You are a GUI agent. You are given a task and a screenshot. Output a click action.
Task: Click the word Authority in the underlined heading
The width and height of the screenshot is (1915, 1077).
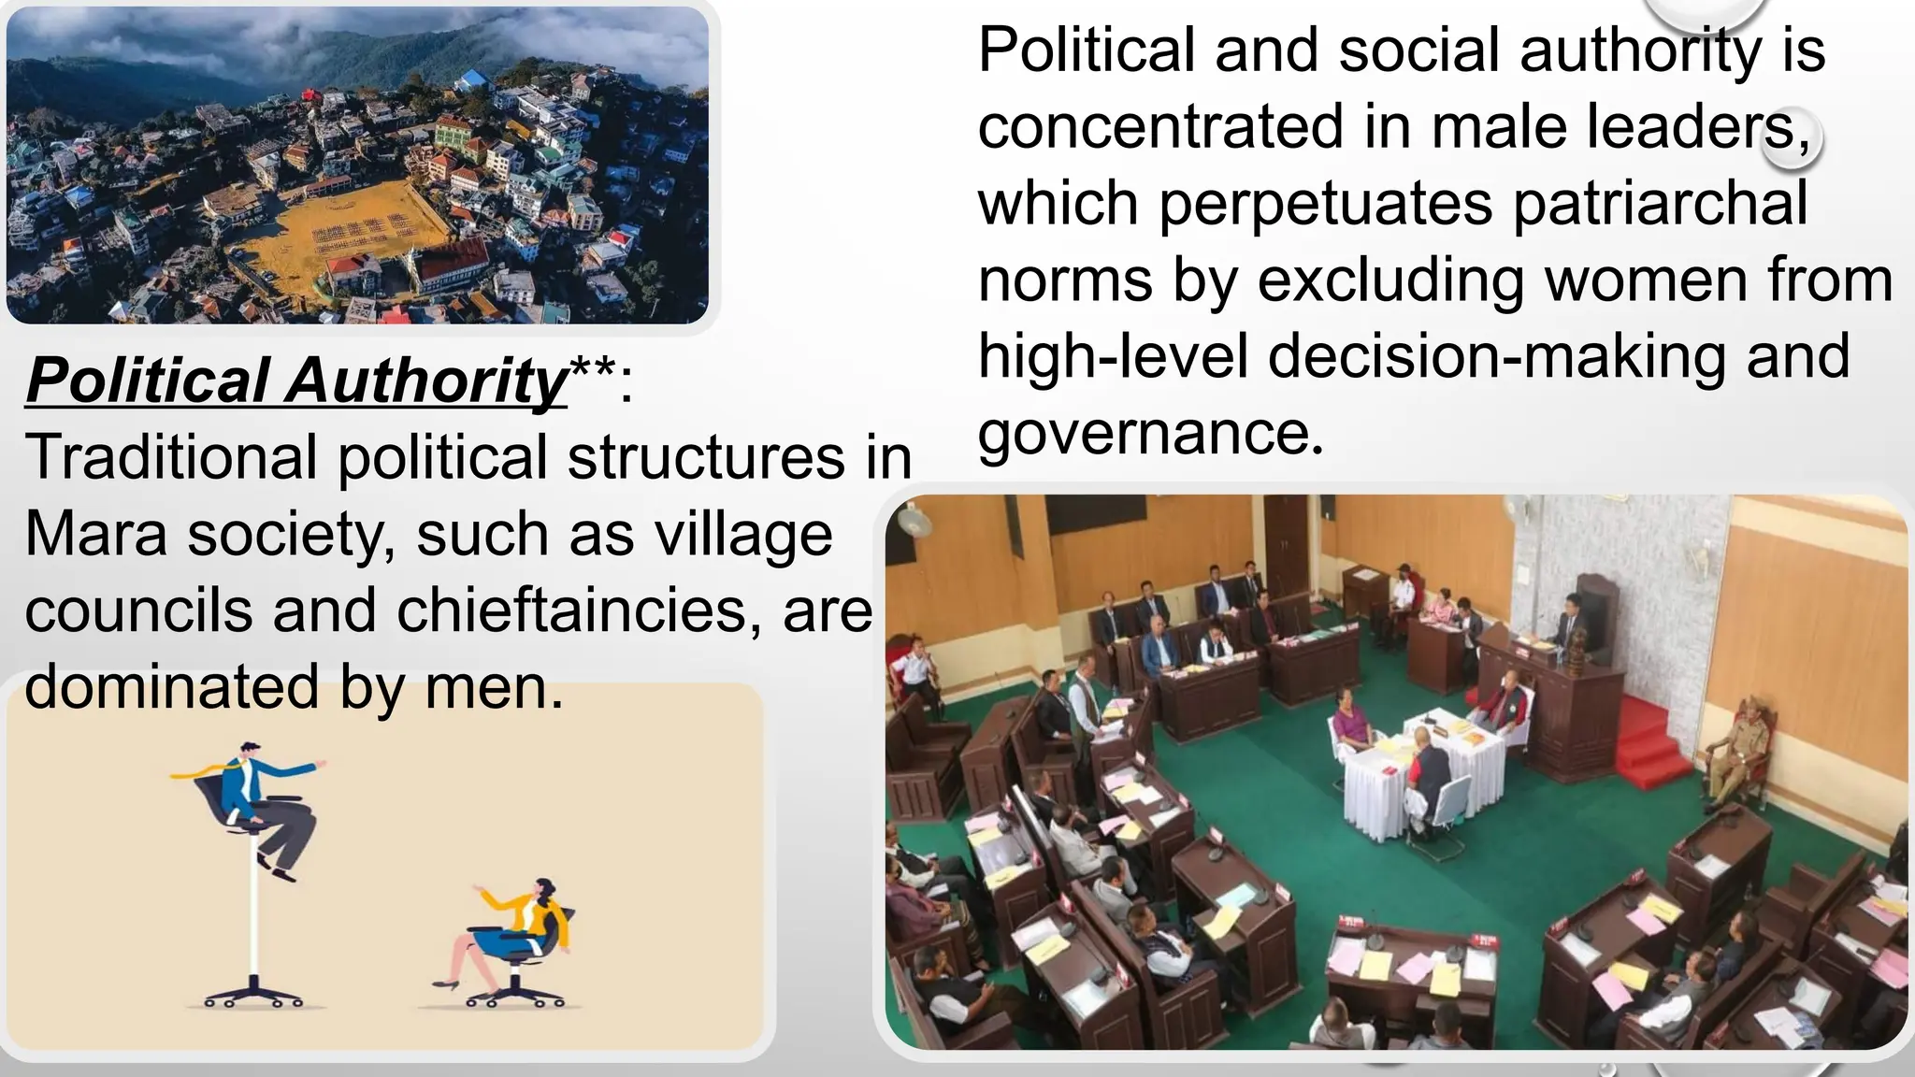[426, 382]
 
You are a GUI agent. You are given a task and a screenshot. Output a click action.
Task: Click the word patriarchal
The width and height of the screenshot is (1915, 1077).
[1660, 204]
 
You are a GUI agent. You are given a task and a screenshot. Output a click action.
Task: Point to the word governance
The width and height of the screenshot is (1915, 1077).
[1151, 434]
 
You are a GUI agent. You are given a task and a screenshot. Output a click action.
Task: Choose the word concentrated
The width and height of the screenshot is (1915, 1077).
[1160, 127]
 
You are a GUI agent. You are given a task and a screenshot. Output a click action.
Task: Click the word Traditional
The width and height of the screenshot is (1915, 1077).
[171, 458]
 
